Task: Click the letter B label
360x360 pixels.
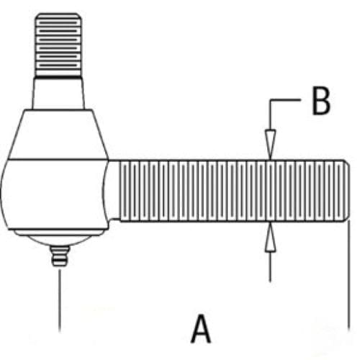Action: [x=322, y=100]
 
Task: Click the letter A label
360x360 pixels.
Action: [x=201, y=329]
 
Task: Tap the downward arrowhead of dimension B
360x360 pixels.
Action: [x=270, y=144]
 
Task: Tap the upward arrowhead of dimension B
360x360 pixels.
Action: [x=270, y=237]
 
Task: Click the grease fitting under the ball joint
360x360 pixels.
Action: [x=60, y=256]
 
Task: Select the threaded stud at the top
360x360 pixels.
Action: [x=58, y=45]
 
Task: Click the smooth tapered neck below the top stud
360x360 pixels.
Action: [x=58, y=93]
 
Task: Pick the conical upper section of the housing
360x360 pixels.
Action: [x=58, y=135]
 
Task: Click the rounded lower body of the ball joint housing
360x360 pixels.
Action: [x=54, y=194]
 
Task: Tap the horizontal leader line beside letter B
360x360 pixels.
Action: [x=285, y=100]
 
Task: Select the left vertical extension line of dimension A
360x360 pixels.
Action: [x=60, y=300]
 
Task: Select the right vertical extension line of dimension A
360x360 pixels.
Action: [x=348, y=275]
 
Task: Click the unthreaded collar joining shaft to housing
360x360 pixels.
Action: [x=114, y=190]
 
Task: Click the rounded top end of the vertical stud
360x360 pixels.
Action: [x=58, y=15]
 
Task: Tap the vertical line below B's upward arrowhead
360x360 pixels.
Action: [x=270, y=266]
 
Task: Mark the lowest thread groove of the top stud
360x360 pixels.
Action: [x=58, y=66]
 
